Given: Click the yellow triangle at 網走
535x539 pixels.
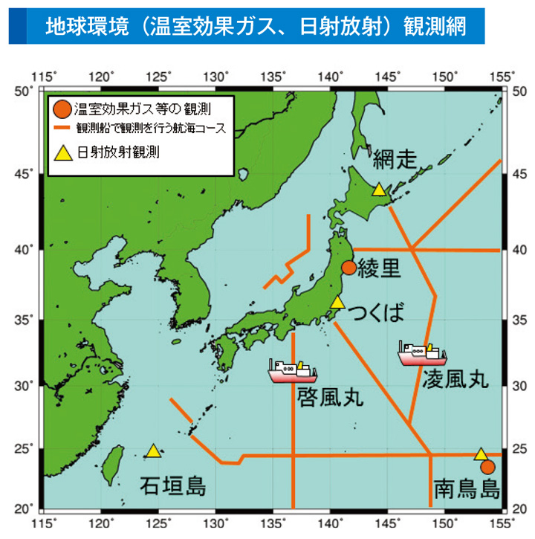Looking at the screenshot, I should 379,190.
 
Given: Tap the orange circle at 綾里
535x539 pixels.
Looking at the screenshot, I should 348,268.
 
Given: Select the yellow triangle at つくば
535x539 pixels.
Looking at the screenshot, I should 337,302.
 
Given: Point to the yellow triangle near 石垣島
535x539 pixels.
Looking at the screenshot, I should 153,451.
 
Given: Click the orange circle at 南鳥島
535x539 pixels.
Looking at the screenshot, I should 487,467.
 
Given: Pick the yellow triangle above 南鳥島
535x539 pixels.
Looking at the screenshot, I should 481,454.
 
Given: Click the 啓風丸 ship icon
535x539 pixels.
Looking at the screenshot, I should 292,370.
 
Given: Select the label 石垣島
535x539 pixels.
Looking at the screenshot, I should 173,487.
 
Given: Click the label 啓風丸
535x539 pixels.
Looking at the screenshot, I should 330,397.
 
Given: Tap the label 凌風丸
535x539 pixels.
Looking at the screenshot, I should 455,379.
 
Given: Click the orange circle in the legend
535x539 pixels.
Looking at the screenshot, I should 62,110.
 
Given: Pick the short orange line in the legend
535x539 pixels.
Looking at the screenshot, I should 62,128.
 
